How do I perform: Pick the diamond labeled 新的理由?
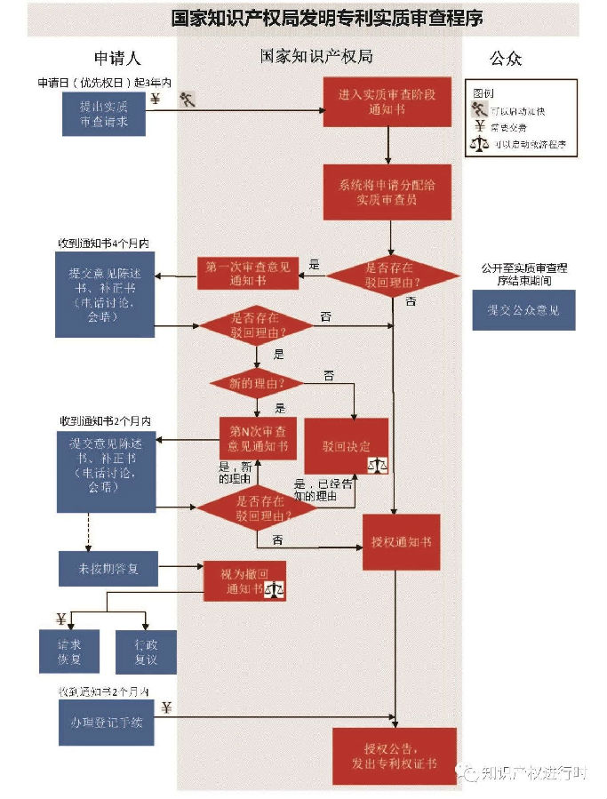(257, 383)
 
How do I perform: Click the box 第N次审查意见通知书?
(257, 438)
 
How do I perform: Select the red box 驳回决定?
(347, 445)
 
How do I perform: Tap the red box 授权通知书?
(401, 541)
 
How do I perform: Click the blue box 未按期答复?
(108, 568)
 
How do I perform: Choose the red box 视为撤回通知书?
(244, 581)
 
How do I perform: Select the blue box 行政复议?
(146, 651)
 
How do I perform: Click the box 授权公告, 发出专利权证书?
(394, 755)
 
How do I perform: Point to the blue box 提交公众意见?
(523, 310)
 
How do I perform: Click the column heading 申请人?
(117, 59)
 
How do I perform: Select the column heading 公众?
(506, 59)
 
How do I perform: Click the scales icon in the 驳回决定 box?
(378, 462)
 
